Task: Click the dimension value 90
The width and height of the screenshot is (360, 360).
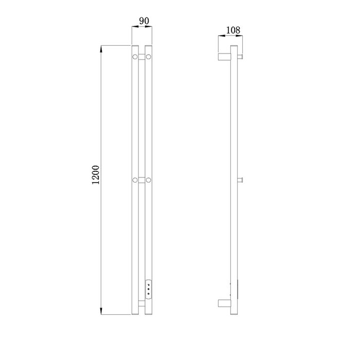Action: [x=144, y=21]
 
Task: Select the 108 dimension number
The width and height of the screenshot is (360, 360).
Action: [x=233, y=30]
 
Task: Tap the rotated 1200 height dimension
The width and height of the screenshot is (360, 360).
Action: [x=96, y=175]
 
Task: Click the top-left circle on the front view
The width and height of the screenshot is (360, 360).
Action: [x=135, y=57]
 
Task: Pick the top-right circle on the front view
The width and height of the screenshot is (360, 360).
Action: [x=149, y=57]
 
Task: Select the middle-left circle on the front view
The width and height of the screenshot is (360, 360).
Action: [x=135, y=180]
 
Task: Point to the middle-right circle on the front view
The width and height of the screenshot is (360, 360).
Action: [x=149, y=180]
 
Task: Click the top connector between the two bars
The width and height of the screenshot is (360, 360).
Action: [x=141, y=57]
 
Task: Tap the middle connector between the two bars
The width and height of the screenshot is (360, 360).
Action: [x=141, y=180]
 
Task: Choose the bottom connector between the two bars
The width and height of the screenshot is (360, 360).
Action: [x=141, y=303]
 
